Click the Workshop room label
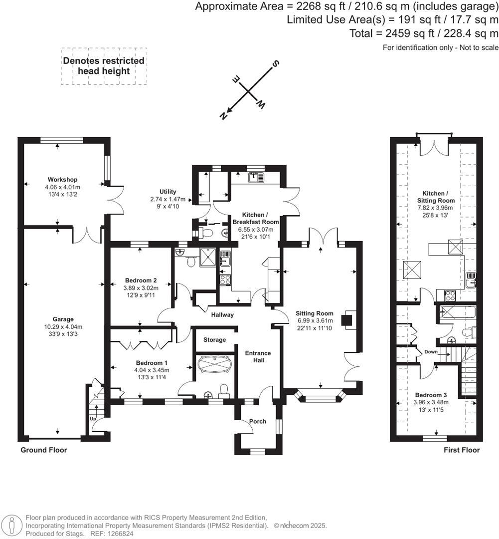click(x=62, y=179)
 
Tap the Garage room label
click(x=63, y=319)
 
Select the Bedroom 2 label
click(x=140, y=280)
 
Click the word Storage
click(x=214, y=340)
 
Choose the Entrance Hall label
click(x=258, y=357)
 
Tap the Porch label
click(x=258, y=421)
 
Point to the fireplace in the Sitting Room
click(x=347, y=319)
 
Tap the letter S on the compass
click(x=274, y=64)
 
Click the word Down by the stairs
click(x=430, y=352)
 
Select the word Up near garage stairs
click(x=93, y=419)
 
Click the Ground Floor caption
click(x=43, y=450)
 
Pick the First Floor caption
click(x=462, y=450)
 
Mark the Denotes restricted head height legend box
click(x=104, y=66)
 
